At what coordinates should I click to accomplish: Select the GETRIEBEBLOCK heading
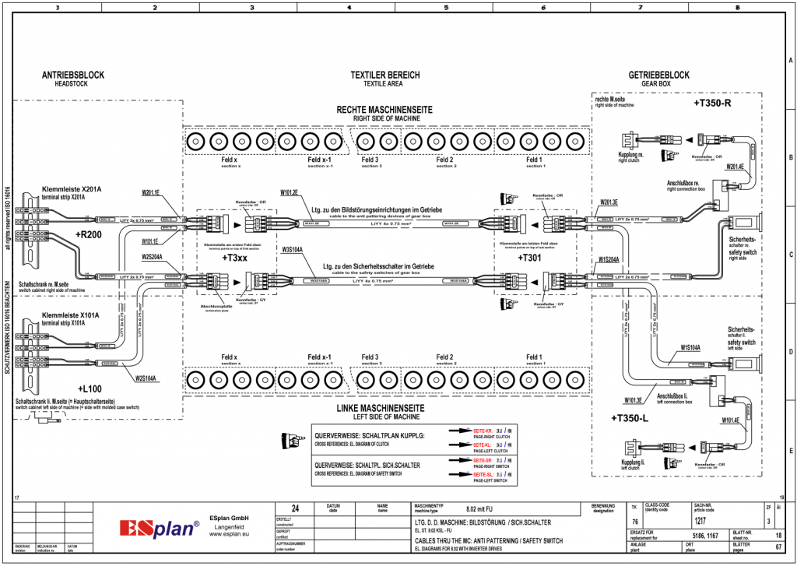coord(658,76)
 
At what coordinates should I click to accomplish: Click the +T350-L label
coord(631,418)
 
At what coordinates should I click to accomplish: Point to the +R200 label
coord(89,234)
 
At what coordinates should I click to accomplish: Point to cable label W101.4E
coord(732,420)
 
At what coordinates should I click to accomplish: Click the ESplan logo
coord(160,529)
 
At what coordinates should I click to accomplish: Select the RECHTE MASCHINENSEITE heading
coord(384,111)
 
